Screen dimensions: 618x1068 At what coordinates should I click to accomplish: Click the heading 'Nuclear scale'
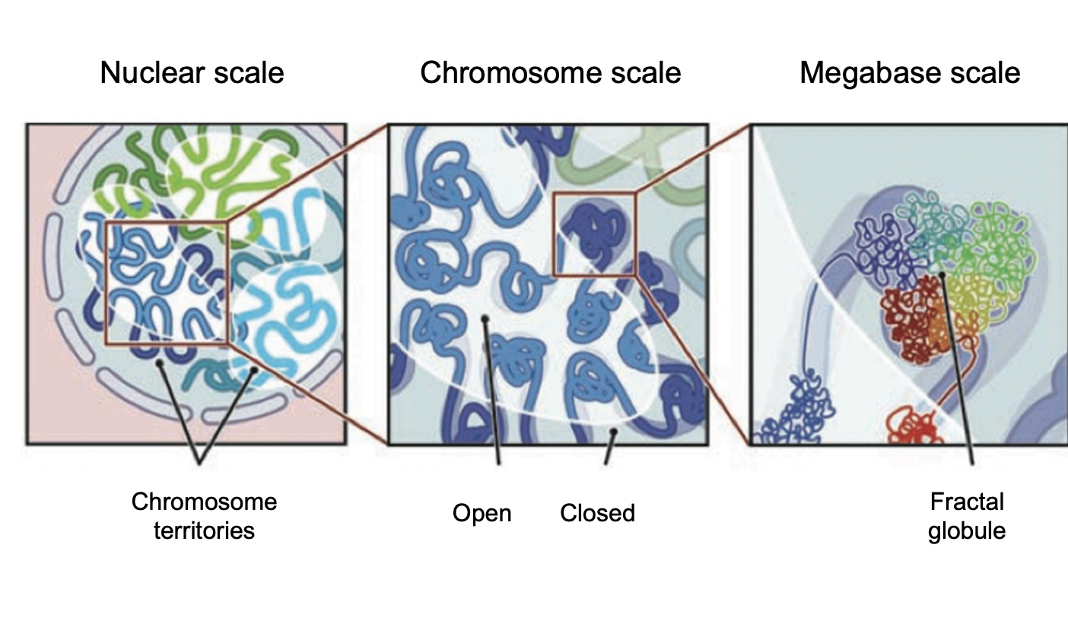click(x=192, y=74)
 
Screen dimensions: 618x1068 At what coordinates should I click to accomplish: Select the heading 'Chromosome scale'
click(x=550, y=74)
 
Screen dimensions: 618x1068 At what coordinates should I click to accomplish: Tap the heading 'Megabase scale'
click(x=910, y=74)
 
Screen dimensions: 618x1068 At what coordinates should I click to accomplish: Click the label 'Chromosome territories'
click(x=204, y=515)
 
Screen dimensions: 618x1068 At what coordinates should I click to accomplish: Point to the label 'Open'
click(x=482, y=514)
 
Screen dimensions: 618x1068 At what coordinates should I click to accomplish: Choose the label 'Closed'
click(x=597, y=514)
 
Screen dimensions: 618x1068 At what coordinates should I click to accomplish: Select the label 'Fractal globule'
click(x=966, y=516)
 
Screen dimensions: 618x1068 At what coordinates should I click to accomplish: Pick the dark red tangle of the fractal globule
click(x=913, y=317)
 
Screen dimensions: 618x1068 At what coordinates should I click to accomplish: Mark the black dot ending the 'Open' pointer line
click(x=485, y=320)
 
